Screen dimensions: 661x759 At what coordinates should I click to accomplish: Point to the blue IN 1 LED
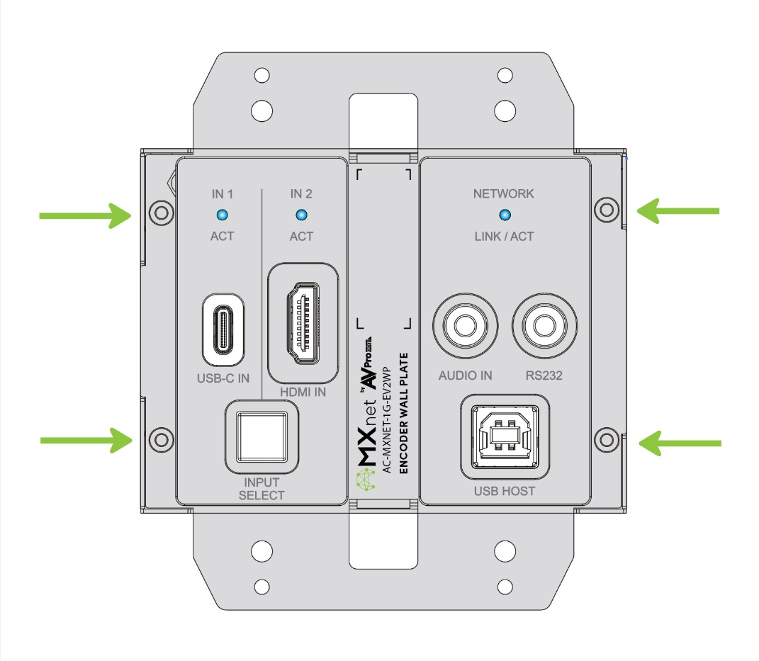pos(222,214)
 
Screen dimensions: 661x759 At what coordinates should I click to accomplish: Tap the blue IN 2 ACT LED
pos(301,214)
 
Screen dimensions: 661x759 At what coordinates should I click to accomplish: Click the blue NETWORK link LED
pos(504,214)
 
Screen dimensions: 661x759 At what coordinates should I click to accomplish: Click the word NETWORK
pos(504,193)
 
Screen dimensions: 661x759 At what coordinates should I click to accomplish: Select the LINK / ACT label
pos(504,236)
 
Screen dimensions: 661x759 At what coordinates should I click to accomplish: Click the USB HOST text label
pos(505,491)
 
